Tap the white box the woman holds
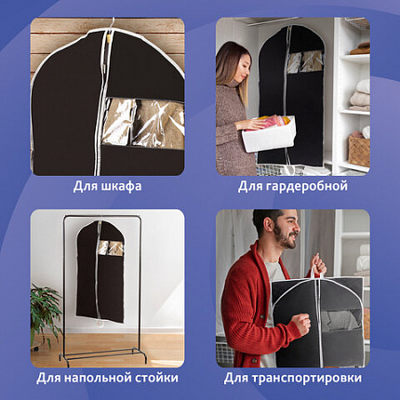269,136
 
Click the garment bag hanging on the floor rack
100,279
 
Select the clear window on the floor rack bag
111,247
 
